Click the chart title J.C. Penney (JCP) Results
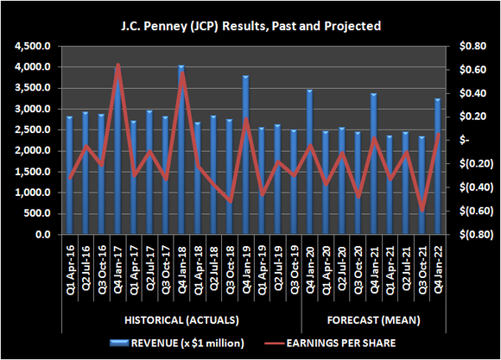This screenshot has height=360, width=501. pos(250,16)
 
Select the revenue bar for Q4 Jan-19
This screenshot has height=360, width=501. pos(245,155)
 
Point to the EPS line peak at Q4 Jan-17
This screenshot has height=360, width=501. pos(118,65)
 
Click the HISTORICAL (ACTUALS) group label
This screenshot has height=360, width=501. pos(179,322)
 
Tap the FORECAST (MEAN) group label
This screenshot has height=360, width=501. pos(372,322)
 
